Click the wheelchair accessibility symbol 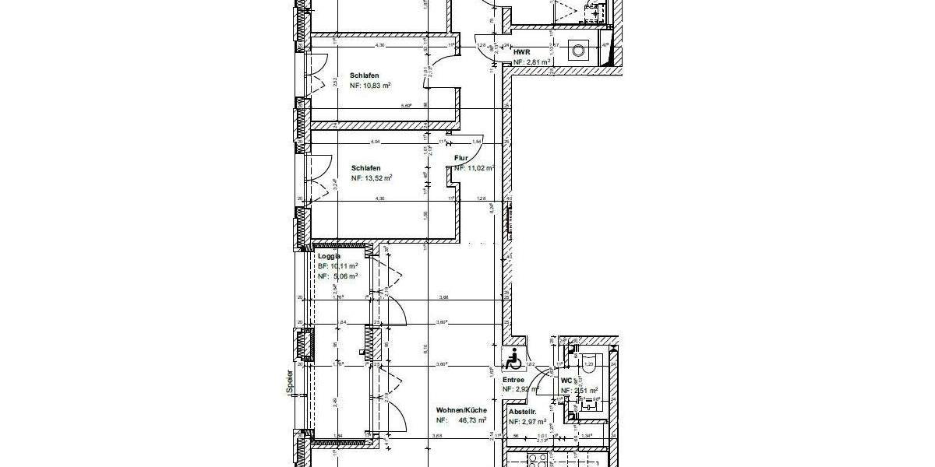click(513, 361)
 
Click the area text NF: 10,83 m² click(369, 86)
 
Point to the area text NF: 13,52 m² click(371, 178)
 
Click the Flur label click(461, 158)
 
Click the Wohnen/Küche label click(462, 409)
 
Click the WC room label click(566, 381)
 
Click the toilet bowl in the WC click(589, 363)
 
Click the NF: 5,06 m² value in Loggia click(337, 276)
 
